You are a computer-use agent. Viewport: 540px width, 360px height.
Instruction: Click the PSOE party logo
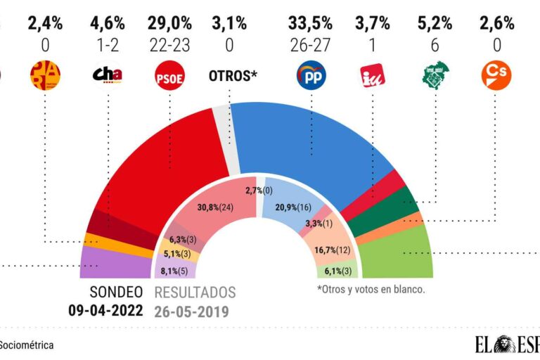tap(169, 76)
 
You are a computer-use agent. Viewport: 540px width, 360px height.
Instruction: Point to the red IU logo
tap(372, 76)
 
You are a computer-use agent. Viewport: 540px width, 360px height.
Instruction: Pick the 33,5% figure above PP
tap(310, 23)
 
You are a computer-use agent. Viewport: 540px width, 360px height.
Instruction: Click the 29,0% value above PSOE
tap(169, 23)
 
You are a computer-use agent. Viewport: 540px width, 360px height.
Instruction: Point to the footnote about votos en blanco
tap(371, 290)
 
